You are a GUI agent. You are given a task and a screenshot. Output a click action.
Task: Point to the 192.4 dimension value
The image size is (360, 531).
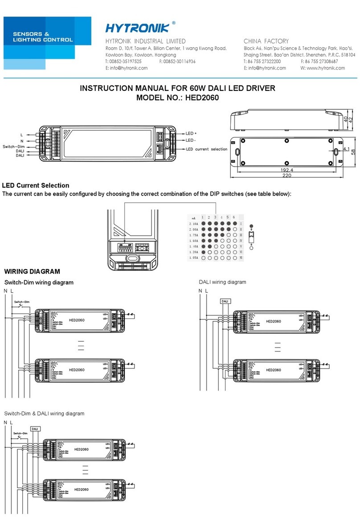click(286, 171)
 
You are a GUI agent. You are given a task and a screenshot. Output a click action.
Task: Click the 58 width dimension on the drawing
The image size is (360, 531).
click(353, 152)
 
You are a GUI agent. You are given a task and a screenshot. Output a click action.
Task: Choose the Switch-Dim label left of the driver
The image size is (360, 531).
click(13, 146)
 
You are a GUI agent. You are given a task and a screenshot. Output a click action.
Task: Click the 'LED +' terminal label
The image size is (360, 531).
click(191, 133)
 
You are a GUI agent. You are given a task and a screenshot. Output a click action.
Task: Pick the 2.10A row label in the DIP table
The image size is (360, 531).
click(194, 224)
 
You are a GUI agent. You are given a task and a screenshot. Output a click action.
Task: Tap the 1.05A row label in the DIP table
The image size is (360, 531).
click(194, 258)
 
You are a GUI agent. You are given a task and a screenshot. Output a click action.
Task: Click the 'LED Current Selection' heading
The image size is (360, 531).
click(36, 185)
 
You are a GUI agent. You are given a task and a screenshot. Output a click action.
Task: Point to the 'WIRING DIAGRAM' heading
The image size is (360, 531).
click(32, 272)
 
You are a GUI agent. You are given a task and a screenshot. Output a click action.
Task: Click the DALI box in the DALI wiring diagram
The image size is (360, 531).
click(225, 302)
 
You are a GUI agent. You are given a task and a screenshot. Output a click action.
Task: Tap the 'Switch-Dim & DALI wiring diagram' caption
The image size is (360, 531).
click(44, 413)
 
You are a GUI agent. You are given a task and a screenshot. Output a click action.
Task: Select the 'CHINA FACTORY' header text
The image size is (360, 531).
click(266, 41)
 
